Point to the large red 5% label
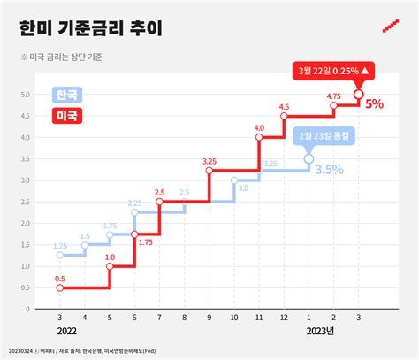[374, 103]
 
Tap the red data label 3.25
[209, 161]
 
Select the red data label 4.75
[333, 96]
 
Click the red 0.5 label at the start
[59, 279]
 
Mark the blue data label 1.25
[59, 245]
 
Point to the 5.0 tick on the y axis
[27, 95]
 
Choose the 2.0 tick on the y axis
[27, 224]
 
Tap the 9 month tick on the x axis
[209, 317]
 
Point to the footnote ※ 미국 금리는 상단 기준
[68, 58]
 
